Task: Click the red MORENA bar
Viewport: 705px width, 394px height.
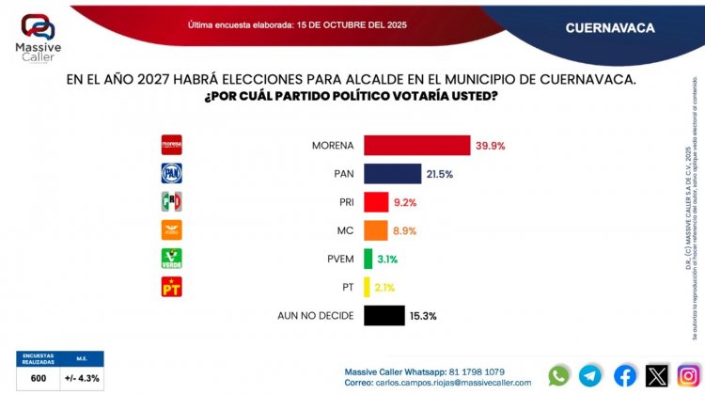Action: [415, 146]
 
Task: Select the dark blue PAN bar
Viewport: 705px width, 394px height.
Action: [391, 174]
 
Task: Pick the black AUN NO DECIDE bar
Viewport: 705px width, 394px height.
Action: [383, 316]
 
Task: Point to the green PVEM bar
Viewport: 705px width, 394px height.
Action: [367, 259]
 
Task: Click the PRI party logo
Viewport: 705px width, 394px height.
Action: [172, 201]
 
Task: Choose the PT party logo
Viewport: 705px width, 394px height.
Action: [172, 287]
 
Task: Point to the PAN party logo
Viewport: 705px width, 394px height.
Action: [172, 173]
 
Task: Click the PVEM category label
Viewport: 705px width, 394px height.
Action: [336, 259]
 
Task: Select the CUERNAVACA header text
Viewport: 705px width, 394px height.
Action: [610, 28]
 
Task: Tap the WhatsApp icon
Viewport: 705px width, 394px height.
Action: [559, 375]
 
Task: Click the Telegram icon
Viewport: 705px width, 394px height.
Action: [590, 375]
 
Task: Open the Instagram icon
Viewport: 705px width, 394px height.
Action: [688, 375]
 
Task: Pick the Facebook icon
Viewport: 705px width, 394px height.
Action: [624, 375]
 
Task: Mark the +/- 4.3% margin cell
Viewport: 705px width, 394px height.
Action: [82, 378]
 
